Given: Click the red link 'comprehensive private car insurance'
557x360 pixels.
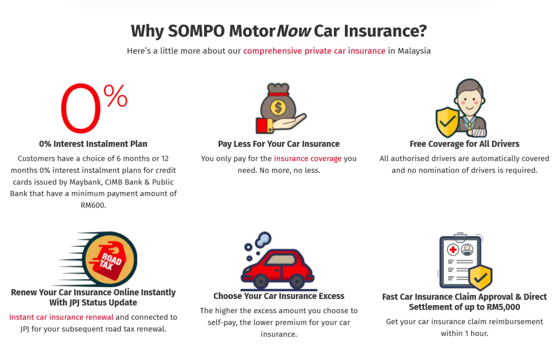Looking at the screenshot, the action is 314,51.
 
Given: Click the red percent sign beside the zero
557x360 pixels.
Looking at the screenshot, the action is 115,96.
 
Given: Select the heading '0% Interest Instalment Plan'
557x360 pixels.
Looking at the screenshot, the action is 93,144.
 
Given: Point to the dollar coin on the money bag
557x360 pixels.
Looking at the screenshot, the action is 278,107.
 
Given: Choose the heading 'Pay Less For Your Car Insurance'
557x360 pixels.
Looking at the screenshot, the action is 279,144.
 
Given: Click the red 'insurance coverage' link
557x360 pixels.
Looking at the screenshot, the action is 308,158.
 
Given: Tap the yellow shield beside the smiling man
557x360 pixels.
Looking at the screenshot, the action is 447,122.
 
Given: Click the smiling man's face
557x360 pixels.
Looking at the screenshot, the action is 469,101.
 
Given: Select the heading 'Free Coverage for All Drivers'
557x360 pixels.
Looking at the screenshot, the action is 465,144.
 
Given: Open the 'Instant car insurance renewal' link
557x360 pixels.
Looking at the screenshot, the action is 61,317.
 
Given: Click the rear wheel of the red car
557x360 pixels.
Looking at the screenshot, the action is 261,282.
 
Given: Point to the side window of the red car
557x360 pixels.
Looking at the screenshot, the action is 281,259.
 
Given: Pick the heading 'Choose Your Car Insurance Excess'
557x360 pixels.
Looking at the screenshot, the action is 279,296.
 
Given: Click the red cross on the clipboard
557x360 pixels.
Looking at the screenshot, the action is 453,250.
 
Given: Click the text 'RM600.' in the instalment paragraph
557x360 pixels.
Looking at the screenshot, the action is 94,205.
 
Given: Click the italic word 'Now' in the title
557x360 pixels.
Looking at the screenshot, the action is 294,31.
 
